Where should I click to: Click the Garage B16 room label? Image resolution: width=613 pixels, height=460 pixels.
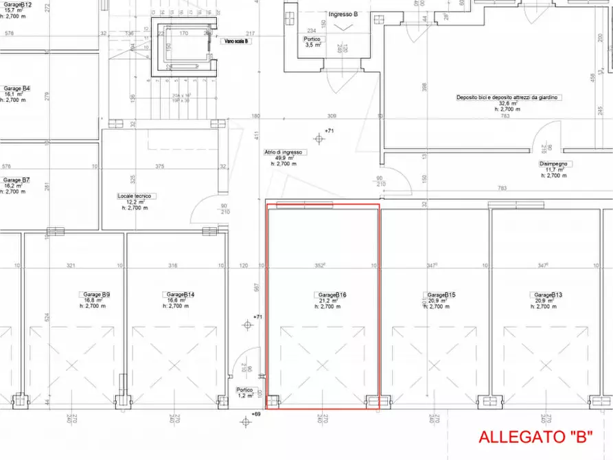click(332, 295)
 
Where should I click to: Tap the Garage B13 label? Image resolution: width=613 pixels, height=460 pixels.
click(548, 295)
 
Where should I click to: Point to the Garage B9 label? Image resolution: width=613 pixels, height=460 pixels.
click(97, 295)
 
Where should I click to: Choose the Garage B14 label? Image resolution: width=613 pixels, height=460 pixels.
click(181, 295)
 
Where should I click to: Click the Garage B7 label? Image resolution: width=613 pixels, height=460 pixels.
click(16, 179)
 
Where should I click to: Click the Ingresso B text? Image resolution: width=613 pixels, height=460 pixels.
click(343, 14)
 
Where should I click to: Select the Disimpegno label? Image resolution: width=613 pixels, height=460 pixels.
click(555, 164)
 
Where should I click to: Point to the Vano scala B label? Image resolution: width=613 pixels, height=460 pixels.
click(238, 41)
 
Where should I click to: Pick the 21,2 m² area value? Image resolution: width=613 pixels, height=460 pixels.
click(325, 300)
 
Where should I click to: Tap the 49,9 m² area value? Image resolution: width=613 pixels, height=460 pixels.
click(284, 158)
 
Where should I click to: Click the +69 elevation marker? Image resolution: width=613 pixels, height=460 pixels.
click(256, 415)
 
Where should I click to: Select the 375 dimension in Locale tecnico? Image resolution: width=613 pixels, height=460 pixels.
click(159, 165)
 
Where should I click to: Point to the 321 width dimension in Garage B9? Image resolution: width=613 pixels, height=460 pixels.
click(69, 265)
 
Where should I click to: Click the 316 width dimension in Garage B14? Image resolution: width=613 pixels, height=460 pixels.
click(172, 265)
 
